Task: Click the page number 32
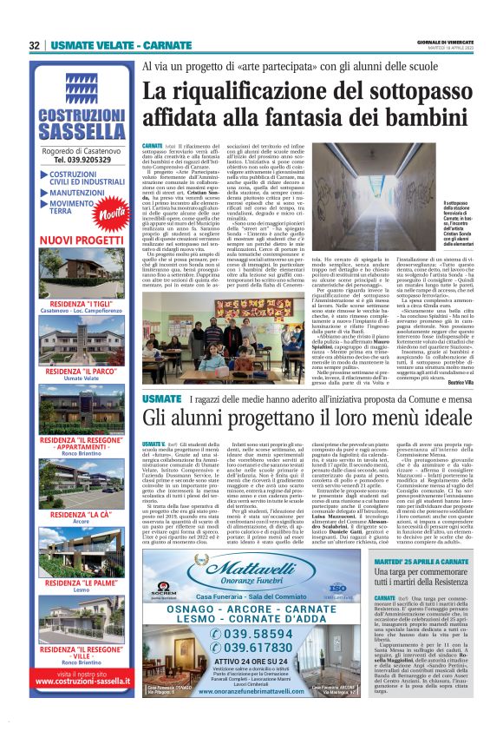35,45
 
